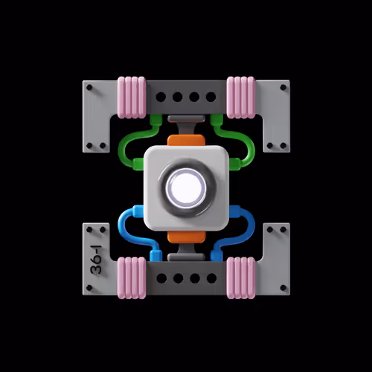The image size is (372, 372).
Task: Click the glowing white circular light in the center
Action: click(x=186, y=187)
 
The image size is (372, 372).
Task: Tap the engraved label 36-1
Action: click(x=96, y=260)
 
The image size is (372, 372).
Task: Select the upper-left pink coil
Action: click(x=132, y=97)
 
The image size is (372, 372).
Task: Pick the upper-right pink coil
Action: click(x=241, y=97)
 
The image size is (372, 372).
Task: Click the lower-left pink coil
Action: click(x=132, y=278)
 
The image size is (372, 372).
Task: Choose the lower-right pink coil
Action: click(x=241, y=278)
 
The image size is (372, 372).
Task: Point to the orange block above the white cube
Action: click(x=186, y=141)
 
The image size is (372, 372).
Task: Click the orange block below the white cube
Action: click(x=186, y=237)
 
